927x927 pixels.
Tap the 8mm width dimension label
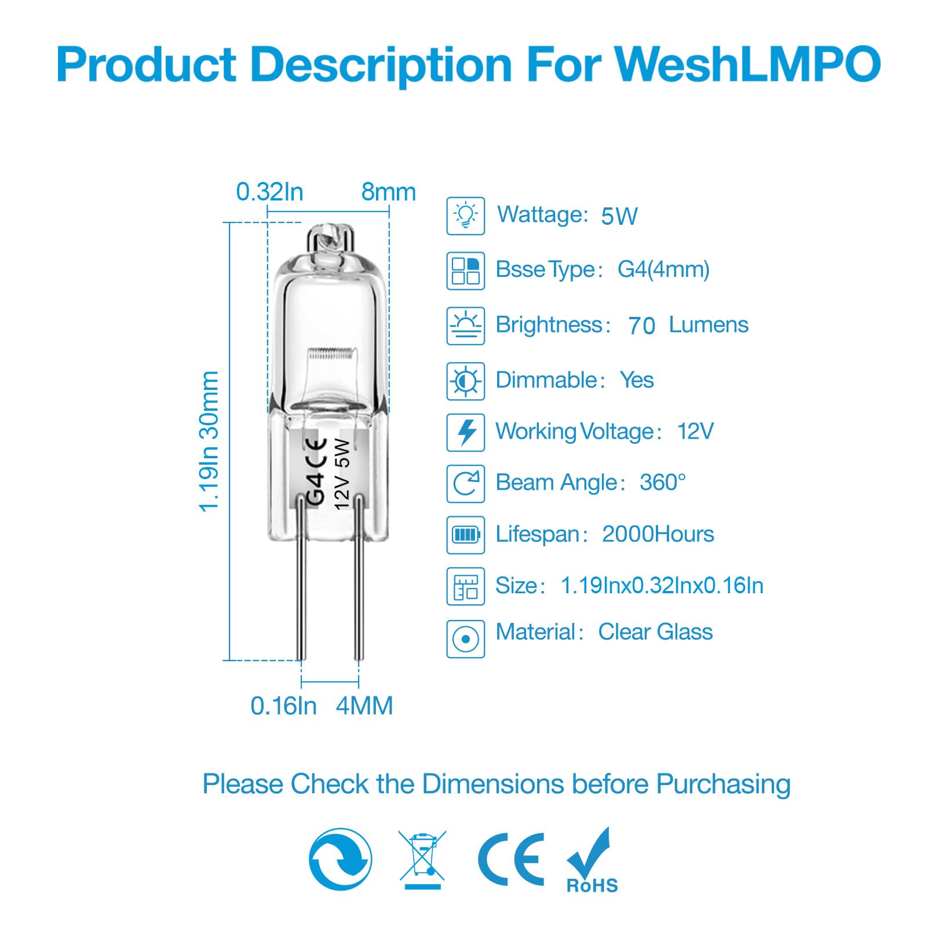pos(388,192)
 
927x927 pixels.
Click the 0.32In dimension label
pos(269,192)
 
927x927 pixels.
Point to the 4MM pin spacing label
pos(364,706)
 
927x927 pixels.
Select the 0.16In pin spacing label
pos(283,706)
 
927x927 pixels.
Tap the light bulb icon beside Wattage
pos(465,216)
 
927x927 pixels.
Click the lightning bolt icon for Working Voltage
pos(465,432)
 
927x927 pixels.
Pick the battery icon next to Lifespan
pos(465,534)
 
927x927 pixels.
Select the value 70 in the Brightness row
pos(641,326)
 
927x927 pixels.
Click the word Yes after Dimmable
pos(636,380)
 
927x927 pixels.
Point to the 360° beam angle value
pos(662,482)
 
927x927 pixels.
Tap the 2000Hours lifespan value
pos(658,534)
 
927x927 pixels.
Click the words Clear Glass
pos(655,632)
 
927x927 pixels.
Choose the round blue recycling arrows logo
pos(340,859)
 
